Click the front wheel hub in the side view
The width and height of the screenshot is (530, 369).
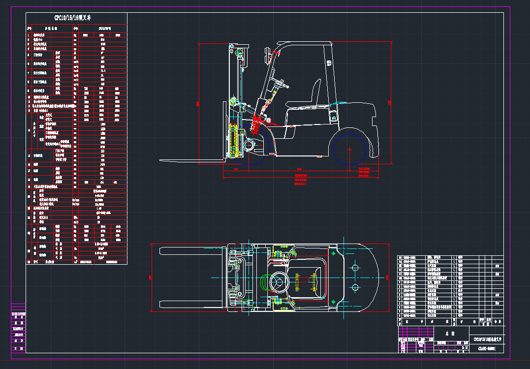tap(249, 146)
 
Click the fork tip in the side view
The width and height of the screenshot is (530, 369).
tap(162, 160)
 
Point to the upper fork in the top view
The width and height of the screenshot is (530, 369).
tap(192, 250)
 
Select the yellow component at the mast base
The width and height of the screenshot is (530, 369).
tap(234, 140)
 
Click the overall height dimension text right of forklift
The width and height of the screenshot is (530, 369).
tap(389, 103)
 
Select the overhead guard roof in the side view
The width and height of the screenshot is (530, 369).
tap(305, 44)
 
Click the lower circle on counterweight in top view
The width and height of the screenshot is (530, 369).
tap(354, 287)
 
